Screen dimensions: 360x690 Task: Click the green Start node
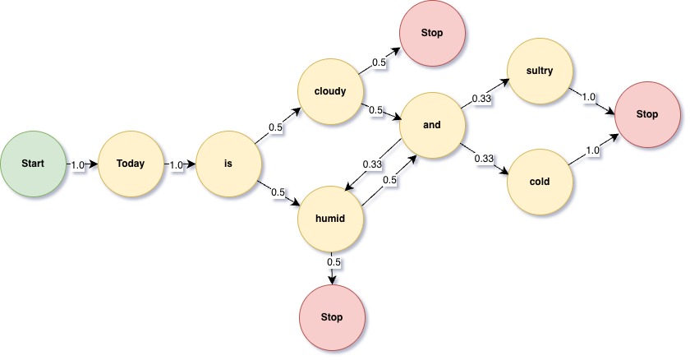(x=33, y=164)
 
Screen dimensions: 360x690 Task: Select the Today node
(x=130, y=164)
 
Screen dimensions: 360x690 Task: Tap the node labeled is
(x=228, y=164)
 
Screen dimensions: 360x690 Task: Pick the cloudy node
(x=329, y=90)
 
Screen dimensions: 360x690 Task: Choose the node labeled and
(x=431, y=126)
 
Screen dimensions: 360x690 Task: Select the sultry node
(x=540, y=71)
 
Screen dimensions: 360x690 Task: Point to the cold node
(x=540, y=181)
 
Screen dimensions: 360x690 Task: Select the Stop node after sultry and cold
(x=646, y=114)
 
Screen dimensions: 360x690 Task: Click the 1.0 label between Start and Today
(x=79, y=164)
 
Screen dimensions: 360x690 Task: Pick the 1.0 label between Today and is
(x=176, y=164)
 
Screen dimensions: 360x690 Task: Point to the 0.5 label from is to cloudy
(x=277, y=127)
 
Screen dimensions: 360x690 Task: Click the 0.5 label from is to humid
(x=278, y=192)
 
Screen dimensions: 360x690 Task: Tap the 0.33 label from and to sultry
(x=482, y=99)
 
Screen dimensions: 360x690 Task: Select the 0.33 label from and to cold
(x=483, y=158)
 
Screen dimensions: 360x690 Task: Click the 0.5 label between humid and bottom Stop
(x=333, y=262)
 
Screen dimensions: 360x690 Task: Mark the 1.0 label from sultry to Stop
(x=588, y=96)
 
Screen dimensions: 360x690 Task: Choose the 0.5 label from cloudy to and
(x=376, y=110)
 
